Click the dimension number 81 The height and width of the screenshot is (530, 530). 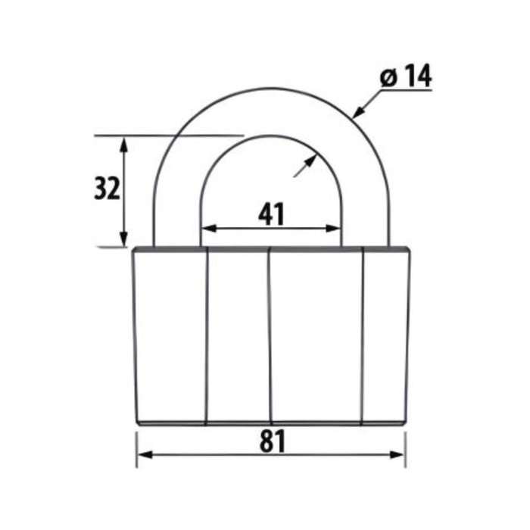[273, 441]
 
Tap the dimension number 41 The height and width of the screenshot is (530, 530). [271, 214]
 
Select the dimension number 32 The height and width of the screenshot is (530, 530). [107, 189]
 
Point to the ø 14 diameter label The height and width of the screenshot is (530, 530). [406, 76]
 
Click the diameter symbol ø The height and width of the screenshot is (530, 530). [388, 79]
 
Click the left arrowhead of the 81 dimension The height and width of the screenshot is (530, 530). [145, 454]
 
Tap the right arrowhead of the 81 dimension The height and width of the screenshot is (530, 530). [397, 454]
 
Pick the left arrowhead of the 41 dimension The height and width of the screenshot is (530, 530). [209, 229]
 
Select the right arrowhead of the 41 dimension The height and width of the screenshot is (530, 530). [333, 229]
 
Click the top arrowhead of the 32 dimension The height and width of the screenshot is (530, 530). [124, 145]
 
